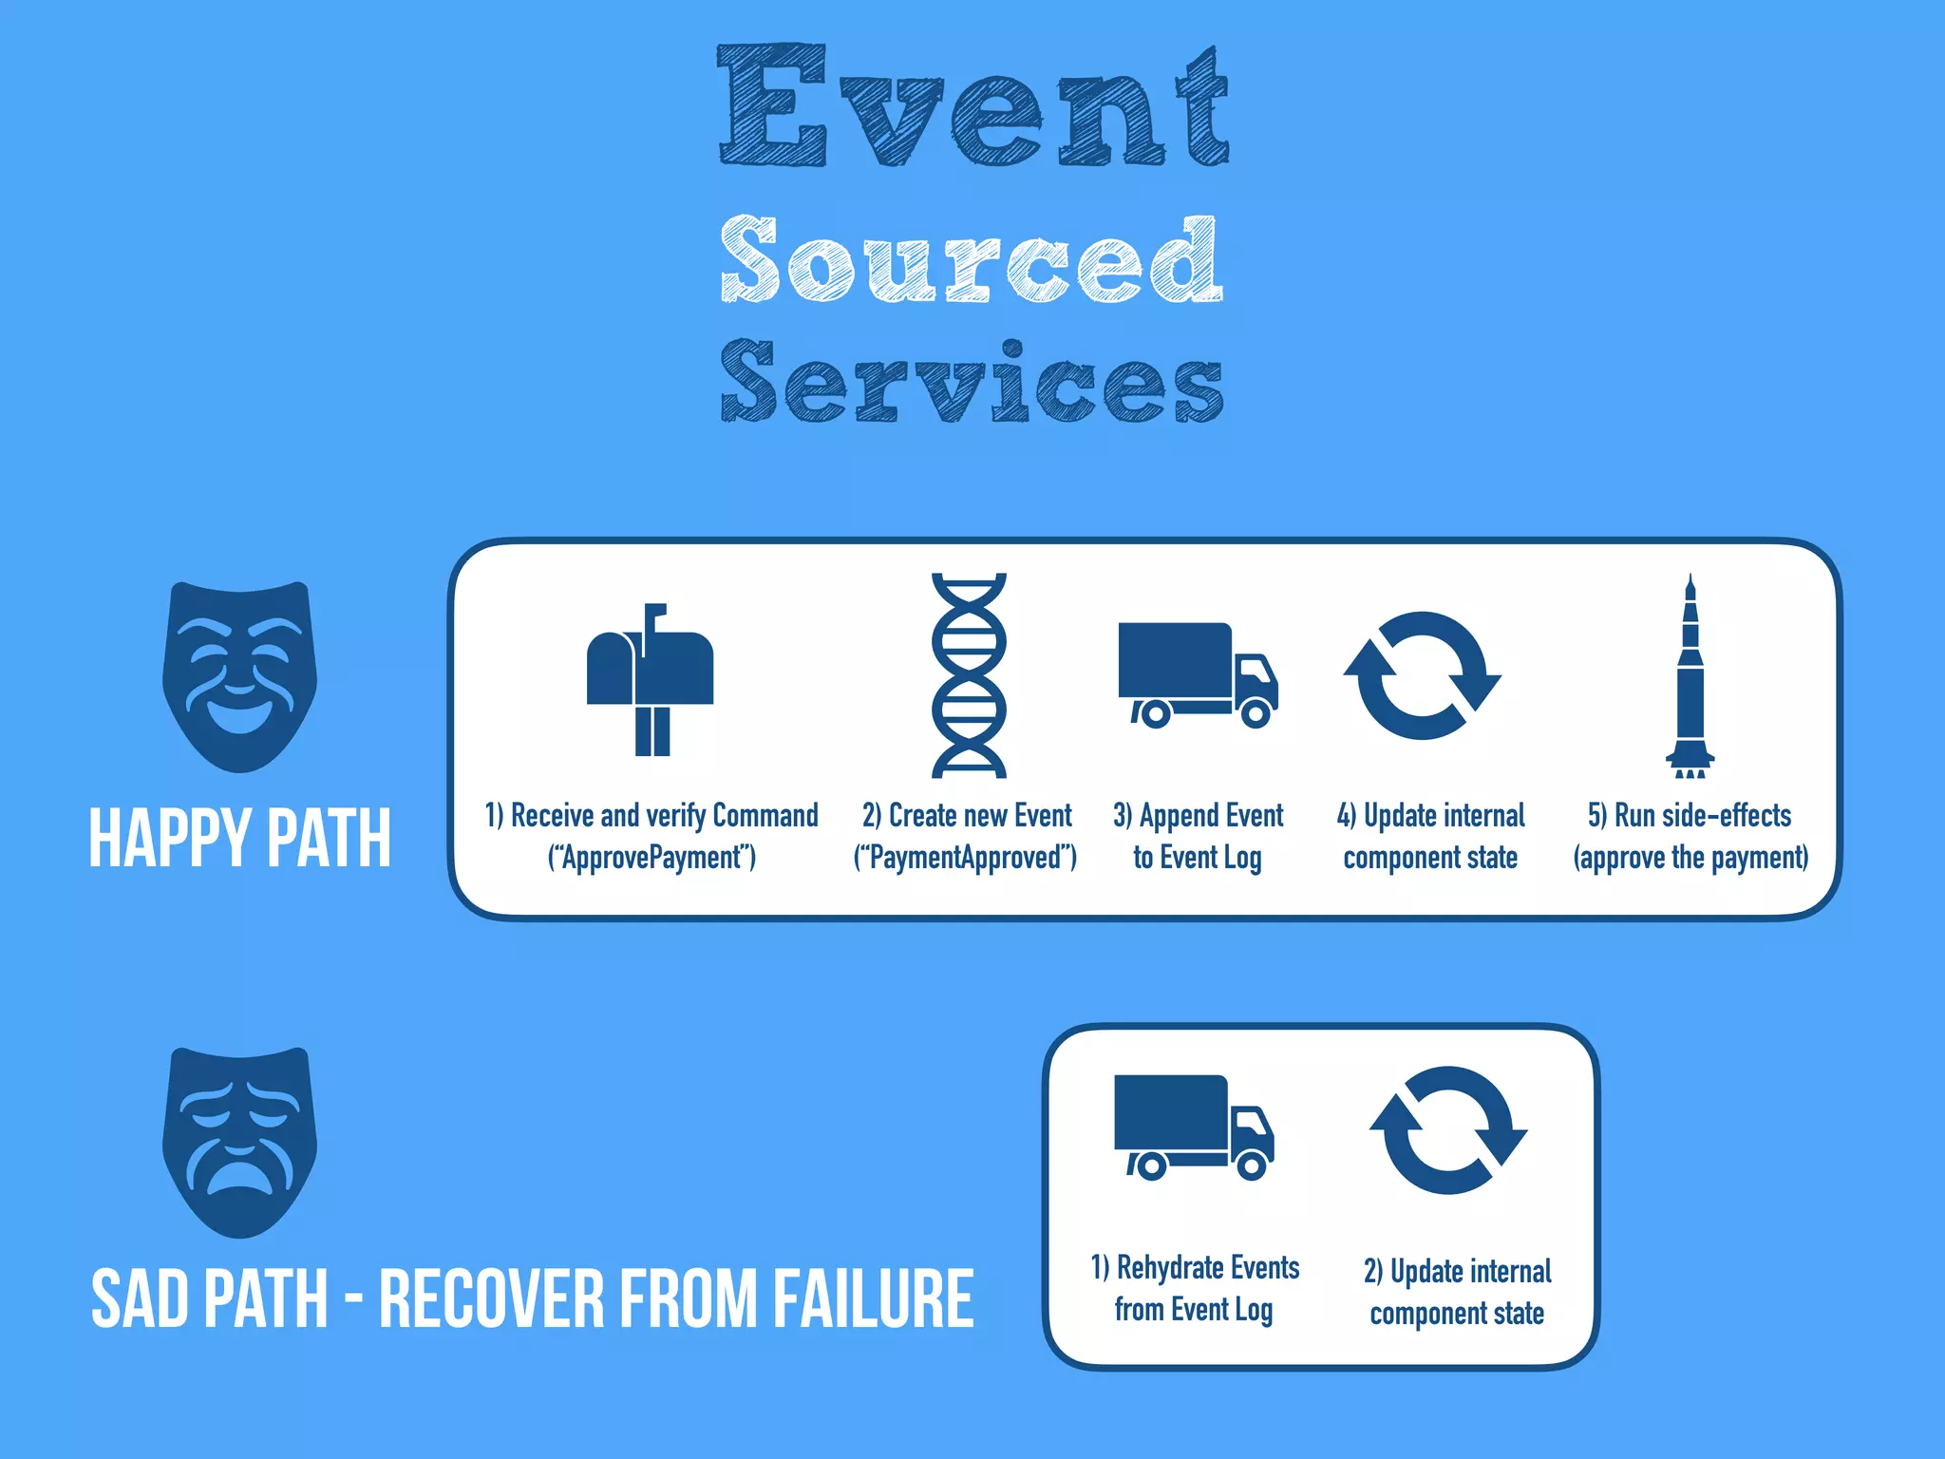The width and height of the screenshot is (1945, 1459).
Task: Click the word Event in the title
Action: [972, 106]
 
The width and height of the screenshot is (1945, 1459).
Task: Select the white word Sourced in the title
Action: [971, 258]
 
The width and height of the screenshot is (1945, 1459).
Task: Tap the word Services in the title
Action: [971, 382]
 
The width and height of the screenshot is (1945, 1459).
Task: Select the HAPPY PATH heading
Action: [239, 838]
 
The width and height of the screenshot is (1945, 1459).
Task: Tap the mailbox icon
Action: [650, 678]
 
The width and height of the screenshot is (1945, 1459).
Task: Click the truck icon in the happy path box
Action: [1197, 674]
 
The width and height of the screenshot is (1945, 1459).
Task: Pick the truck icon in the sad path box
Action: [1193, 1127]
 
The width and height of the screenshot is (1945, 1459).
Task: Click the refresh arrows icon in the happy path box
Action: [1422, 674]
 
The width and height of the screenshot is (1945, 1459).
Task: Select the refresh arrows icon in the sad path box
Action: [1448, 1129]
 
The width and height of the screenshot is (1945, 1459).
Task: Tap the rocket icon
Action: [1690, 676]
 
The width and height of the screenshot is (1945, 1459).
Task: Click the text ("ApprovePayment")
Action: [651, 858]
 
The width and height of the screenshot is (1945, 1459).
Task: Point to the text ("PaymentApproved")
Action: [965, 858]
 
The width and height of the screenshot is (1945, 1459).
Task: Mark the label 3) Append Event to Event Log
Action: [1198, 836]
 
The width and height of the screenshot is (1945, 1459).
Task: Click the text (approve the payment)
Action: [1690, 858]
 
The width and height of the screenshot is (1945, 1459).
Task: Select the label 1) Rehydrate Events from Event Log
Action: [1195, 1288]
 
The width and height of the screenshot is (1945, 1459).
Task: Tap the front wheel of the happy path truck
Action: [1255, 711]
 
